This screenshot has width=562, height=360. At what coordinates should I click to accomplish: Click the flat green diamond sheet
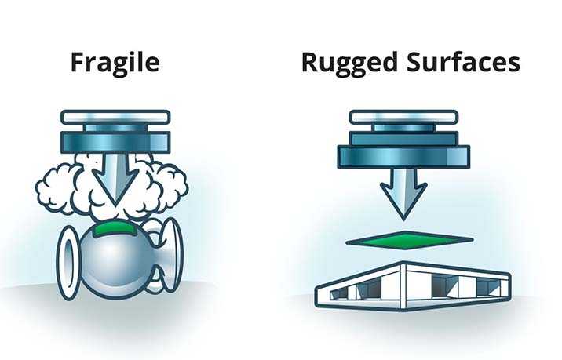coord(409,239)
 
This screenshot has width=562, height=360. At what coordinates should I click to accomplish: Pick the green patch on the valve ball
coord(115,230)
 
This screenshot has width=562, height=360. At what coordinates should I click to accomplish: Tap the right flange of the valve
coord(170,254)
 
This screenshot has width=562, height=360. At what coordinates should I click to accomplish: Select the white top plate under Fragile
coord(115,117)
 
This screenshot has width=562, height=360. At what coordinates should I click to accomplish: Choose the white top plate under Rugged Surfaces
coord(403,117)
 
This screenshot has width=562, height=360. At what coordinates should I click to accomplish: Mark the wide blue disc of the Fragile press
coord(115,141)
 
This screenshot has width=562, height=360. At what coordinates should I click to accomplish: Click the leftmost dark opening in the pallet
coord(338,293)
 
